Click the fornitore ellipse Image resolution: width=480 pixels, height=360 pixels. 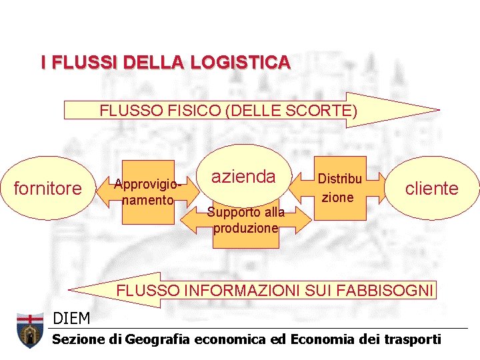click(x=48, y=189)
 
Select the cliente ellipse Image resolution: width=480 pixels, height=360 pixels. click(x=432, y=189)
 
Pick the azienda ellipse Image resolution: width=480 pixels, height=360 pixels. click(x=243, y=176)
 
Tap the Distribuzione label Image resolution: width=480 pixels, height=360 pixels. click(x=339, y=188)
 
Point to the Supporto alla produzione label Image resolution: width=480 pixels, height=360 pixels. click(x=245, y=220)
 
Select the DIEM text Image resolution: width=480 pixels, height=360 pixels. click(x=71, y=319)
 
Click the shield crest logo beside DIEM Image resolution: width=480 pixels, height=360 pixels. click(x=29, y=331)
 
